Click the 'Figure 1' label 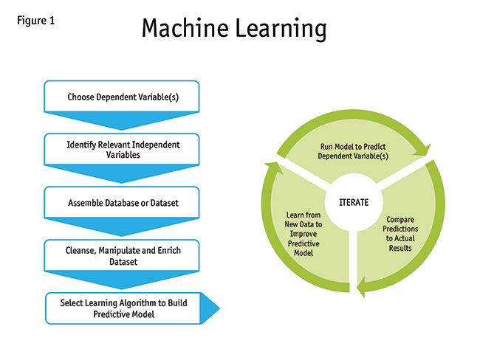pyautogui.click(x=35, y=20)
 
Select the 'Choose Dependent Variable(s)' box pyautogui.click(x=121, y=97)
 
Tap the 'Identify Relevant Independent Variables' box pyautogui.click(x=121, y=150)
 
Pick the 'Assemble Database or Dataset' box pyautogui.click(x=121, y=202)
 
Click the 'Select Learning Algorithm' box pyautogui.click(x=122, y=308)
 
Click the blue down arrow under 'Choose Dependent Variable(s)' pyautogui.click(x=121, y=120)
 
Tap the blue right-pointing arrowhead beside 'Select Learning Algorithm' pyautogui.click(x=210, y=308)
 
